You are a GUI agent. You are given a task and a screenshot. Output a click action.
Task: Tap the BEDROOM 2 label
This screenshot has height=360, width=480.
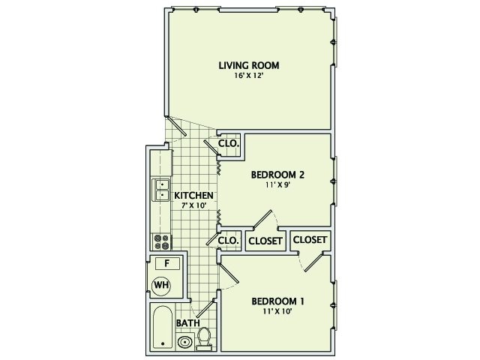coord(277,175)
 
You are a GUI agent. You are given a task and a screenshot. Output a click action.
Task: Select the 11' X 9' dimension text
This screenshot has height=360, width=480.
coord(277,185)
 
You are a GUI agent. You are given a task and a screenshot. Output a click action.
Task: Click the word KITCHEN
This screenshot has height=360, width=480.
coord(194,196)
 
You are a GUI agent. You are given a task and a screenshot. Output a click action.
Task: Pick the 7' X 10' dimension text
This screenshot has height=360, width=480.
coord(194,206)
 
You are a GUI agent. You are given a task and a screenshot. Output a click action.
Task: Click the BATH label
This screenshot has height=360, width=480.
coord(187,323)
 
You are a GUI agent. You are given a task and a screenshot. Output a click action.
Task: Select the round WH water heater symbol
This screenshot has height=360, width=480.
coord(160,285)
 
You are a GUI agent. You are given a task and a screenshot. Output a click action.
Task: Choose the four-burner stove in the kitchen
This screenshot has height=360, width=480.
coord(160,241)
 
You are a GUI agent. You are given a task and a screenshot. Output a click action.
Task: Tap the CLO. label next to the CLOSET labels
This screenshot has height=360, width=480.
coord(228,241)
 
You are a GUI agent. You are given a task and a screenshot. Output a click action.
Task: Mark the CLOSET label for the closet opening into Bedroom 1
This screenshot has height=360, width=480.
coord(310,239)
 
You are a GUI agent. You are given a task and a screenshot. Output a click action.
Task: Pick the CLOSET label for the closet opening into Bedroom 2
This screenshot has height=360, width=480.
coord(265,241)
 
